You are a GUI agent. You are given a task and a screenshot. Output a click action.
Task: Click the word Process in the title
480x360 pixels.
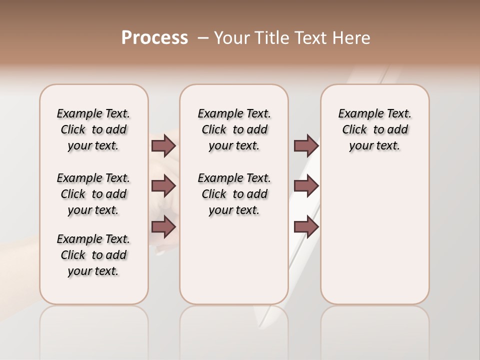coord(154,38)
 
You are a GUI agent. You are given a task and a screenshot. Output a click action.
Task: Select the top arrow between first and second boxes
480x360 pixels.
coord(163,146)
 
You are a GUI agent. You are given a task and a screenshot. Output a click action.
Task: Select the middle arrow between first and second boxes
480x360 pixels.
coord(163,186)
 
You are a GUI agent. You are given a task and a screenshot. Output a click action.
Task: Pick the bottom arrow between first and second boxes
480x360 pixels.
coord(163,227)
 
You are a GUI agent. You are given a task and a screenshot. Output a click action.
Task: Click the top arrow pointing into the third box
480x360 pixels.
coord(306,146)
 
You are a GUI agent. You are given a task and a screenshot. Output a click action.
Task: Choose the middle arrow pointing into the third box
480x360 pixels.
coord(306,186)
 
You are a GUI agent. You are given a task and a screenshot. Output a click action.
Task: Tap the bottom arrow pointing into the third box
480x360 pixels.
coord(306,227)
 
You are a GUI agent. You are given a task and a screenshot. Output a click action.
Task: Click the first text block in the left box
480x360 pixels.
coord(93,129)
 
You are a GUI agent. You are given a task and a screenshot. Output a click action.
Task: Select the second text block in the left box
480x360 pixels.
coord(93,194)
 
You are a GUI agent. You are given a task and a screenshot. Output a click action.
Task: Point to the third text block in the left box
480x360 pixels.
coord(93,255)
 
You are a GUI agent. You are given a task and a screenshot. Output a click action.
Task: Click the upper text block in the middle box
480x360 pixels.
coord(234,129)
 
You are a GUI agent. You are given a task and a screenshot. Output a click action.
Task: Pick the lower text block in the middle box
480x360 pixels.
coord(234,194)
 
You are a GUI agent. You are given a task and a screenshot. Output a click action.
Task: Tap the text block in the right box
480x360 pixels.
coord(374,129)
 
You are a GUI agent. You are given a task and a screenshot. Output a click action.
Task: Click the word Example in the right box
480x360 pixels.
coord(357,114)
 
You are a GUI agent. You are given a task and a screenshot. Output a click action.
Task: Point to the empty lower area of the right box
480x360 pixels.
coord(374,235)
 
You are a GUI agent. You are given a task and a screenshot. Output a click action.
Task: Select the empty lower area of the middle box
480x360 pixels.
coord(234,260)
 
